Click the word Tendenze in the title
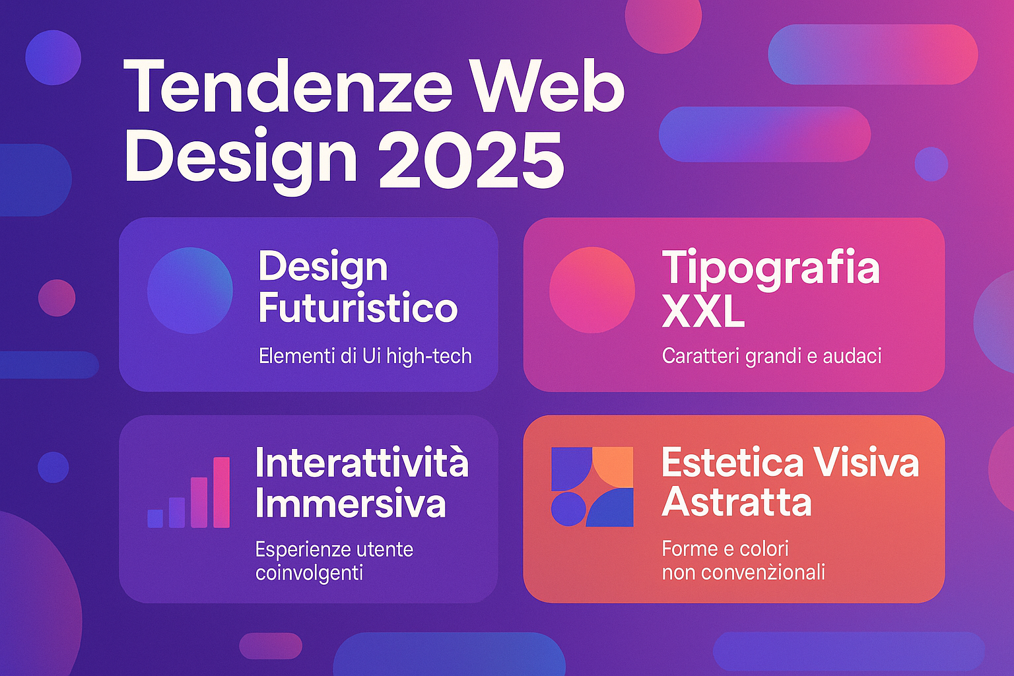point(287,86)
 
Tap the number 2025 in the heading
point(471,159)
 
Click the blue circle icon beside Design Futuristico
point(190,290)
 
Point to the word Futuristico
point(358,308)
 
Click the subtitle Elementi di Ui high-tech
point(365,356)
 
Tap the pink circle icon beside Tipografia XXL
point(592,290)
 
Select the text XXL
point(703,313)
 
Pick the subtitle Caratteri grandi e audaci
point(772,356)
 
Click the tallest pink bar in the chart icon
point(221,492)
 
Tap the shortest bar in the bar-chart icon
point(155,518)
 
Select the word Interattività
point(362,462)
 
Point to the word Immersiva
point(351,503)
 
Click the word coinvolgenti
point(309,574)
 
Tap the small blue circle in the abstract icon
point(566,510)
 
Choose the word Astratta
point(737,502)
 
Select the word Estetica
point(724,462)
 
